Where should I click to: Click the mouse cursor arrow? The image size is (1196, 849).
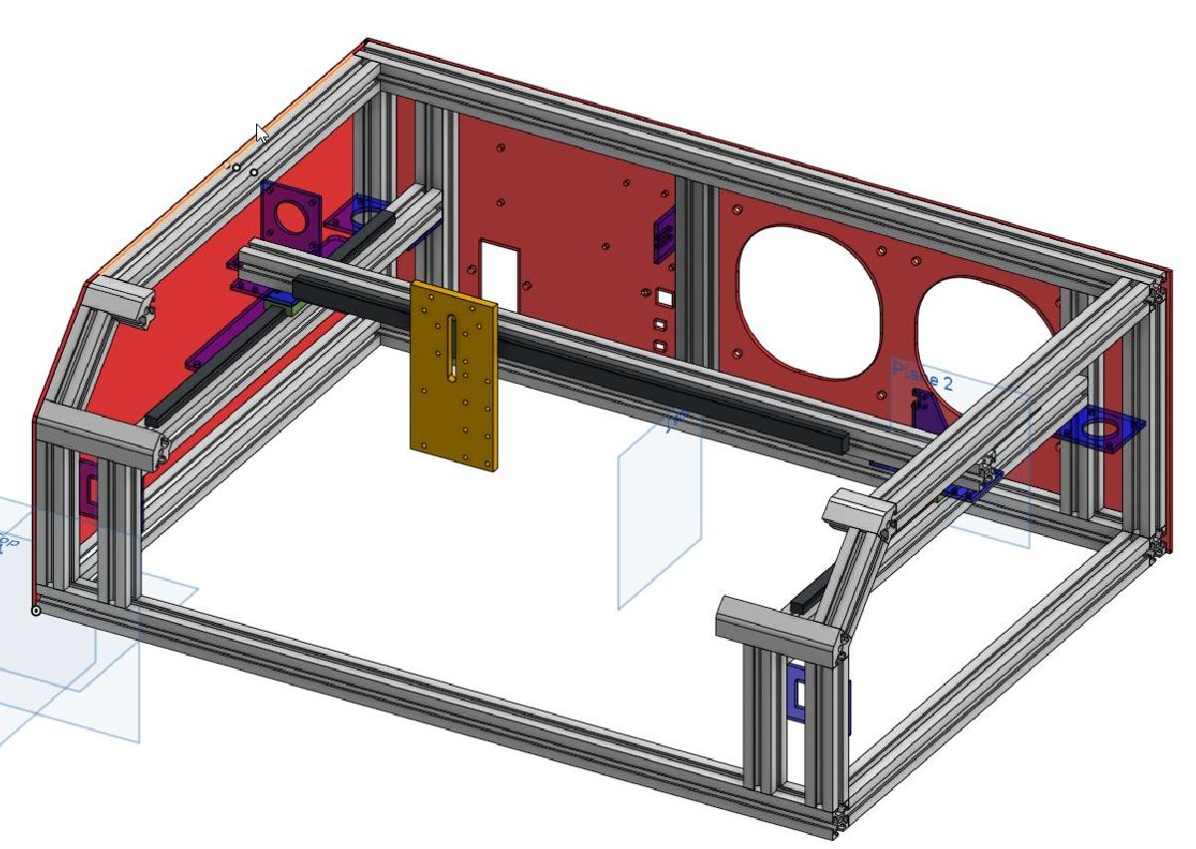[x=261, y=132]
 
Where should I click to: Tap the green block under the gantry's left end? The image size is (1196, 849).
[x=289, y=307]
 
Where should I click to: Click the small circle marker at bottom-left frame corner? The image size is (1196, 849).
[x=37, y=610]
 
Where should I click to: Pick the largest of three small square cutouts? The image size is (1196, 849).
[x=665, y=296]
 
